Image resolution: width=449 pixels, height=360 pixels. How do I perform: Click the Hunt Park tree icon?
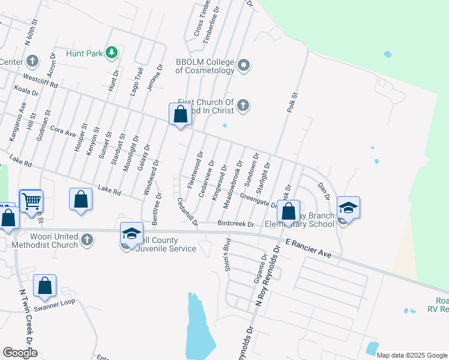tap(112, 53)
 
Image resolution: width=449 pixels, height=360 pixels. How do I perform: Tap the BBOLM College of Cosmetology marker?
tap(244, 65)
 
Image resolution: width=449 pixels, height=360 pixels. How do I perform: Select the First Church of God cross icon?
tap(243, 106)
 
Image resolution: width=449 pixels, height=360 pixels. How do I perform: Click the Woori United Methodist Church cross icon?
tap(87, 239)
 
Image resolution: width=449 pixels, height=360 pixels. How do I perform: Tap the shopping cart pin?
tap(31, 202)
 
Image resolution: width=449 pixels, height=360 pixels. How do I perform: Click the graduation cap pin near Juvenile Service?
tap(132, 233)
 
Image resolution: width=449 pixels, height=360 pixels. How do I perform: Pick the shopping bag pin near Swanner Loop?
tap(45, 286)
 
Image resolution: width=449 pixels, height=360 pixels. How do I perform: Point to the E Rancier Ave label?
tap(309, 248)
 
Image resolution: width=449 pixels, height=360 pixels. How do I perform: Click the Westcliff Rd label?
tap(40, 82)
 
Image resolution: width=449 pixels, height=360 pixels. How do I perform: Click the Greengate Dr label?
tap(258, 200)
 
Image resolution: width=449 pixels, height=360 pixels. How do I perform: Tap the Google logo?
tap(20, 353)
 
